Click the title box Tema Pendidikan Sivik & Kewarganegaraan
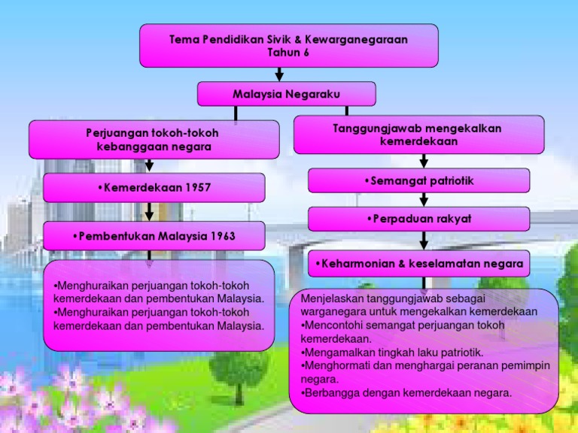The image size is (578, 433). click(x=289, y=45)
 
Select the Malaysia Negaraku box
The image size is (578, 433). click(x=286, y=94)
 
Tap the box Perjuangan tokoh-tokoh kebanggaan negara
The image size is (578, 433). click(x=153, y=140)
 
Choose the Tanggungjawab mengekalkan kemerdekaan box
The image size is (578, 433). click(x=418, y=135)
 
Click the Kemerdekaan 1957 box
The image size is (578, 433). click(x=154, y=187)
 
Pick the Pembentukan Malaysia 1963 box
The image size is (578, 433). click(x=154, y=236)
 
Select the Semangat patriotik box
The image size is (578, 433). click(x=418, y=180)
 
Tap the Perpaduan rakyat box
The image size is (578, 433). click(x=418, y=219)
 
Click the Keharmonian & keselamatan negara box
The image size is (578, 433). click(x=418, y=264)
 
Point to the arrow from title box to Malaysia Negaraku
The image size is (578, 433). click(x=280, y=74)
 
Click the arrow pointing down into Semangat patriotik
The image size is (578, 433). click(x=424, y=161)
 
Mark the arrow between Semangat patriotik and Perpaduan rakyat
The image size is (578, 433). click(x=424, y=199)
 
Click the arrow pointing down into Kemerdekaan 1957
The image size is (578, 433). click(x=149, y=165)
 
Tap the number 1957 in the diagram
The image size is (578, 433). click(x=194, y=187)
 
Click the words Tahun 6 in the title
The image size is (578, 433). click(x=288, y=52)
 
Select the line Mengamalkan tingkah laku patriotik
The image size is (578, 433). click(x=392, y=352)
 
